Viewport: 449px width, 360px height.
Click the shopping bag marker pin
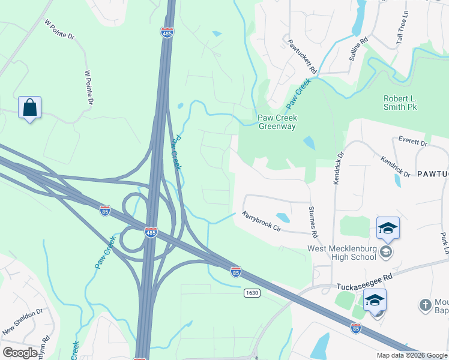coord(29,109)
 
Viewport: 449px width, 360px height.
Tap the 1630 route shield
coord(252,292)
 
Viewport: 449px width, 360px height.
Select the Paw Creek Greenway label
coord(277,122)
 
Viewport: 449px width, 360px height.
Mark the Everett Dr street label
coord(412,142)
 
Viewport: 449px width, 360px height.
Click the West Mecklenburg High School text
coord(341,253)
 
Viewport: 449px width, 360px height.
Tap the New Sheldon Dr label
coord(23,322)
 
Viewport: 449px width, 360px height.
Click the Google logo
coord(20,353)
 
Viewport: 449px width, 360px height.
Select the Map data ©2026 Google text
coord(411,355)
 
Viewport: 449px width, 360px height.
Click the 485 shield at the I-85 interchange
coord(151,232)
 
